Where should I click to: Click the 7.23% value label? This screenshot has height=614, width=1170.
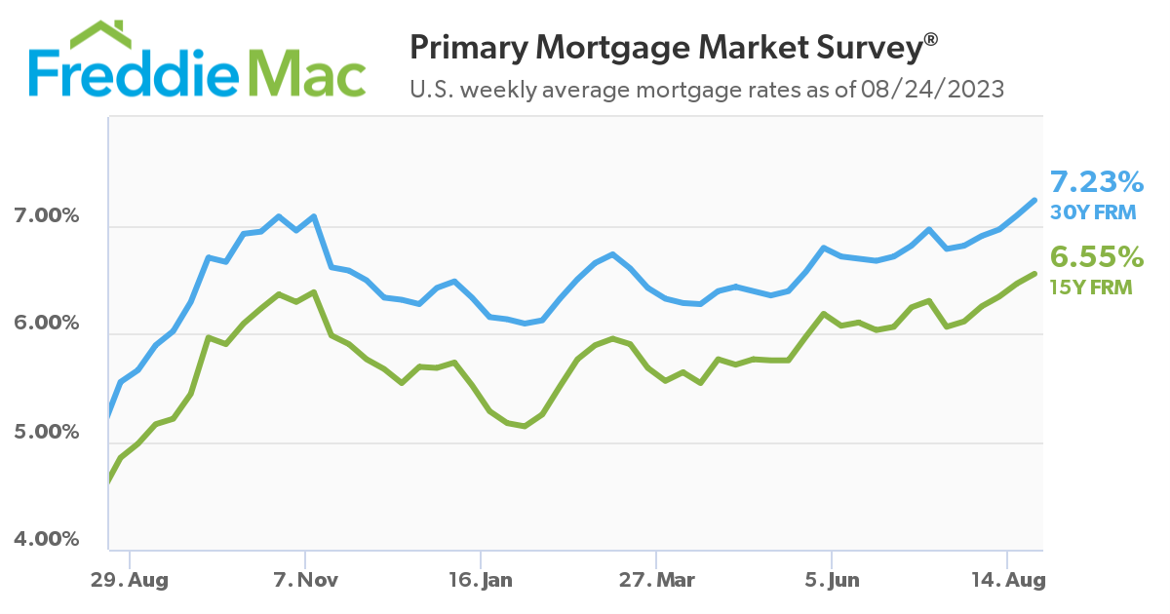tap(1096, 182)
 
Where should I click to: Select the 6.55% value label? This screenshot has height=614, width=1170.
tap(1096, 257)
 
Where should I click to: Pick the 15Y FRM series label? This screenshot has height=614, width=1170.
tap(1090, 287)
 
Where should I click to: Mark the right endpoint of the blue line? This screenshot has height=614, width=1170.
tap(1034, 200)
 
